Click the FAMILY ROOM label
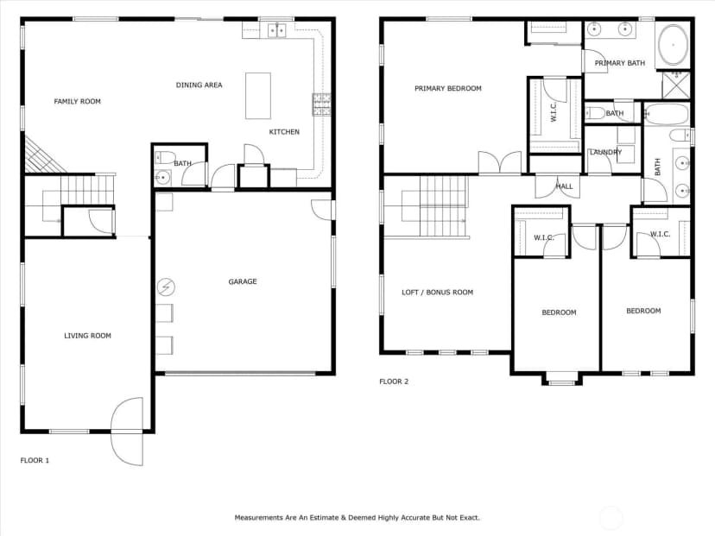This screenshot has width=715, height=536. pos(77,101)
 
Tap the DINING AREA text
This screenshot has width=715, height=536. pos(199,85)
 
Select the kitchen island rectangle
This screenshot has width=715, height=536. pos(258,96)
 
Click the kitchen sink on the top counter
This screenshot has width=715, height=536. pos(276,30)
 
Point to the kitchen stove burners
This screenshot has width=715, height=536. pos(321,104)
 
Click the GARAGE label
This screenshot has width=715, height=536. pos(243,281)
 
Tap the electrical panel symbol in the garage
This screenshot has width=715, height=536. pos(166,287)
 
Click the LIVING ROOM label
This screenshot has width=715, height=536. pos(87,336)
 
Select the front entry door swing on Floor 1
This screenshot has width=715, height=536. pos(127,432)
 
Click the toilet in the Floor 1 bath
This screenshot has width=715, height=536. pos(165,158)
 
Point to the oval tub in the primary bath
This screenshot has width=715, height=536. pos(673,45)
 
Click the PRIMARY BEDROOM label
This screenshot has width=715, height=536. pos(448,88)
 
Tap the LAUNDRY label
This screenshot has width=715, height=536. pos(605,152)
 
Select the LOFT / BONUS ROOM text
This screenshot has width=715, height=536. pos(437,292)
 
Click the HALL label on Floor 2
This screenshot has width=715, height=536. pos(564,186)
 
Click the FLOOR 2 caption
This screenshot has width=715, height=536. pos(394,382)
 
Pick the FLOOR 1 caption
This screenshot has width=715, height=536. pos(35,460)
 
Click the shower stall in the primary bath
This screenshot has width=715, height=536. pos(676,85)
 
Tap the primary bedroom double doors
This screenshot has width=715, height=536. pos(500,163)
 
